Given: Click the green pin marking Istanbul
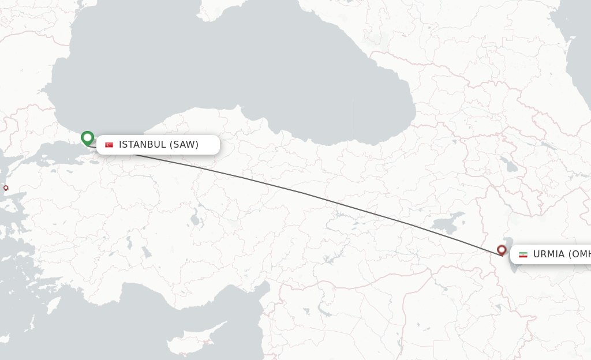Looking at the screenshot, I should (x=87, y=138).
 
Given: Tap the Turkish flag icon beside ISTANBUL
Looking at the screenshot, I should (x=109, y=145).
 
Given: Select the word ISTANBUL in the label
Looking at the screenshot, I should (x=142, y=145).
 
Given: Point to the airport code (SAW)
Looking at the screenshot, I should (x=184, y=145).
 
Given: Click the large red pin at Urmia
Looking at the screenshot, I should (x=502, y=250).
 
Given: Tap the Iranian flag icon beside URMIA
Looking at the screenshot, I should (x=523, y=254).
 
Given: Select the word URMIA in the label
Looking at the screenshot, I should (x=548, y=254).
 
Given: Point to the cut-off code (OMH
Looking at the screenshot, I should (x=579, y=254).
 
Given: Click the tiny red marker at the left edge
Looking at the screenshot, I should (x=6, y=187).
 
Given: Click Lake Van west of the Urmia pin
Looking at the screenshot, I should (x=447, y=222).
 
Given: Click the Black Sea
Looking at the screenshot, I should (x=231, y=69).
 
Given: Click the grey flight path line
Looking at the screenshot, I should (x=300, y=192).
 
